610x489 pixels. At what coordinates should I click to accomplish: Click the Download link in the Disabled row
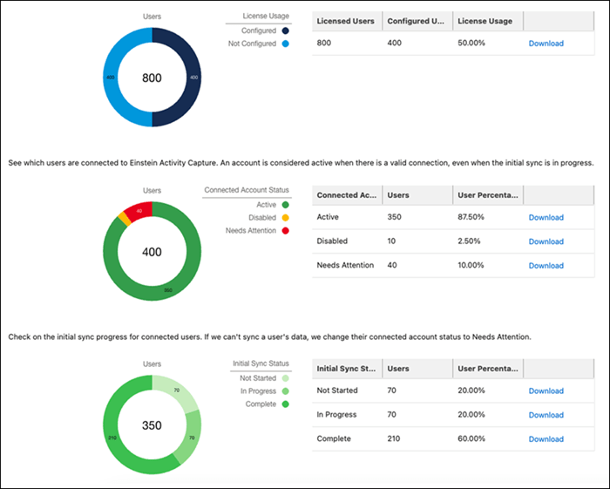click(546, 241)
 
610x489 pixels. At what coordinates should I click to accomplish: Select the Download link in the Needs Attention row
click(546, 266)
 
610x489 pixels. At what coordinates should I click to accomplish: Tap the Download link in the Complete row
click(546, 439)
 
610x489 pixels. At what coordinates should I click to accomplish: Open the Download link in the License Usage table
click(546, 44)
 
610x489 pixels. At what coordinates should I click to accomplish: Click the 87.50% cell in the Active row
click(476, 218)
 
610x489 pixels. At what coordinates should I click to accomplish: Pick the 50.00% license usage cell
click(475, 44)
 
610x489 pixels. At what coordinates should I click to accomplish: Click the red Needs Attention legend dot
click(285, 231)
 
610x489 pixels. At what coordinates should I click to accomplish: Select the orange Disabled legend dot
click(285, 218)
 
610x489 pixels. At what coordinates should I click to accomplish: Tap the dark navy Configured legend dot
click(285, 31)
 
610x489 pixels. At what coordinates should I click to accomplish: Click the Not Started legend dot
click(285, 378)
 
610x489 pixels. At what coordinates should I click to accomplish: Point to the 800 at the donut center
click(152, 78)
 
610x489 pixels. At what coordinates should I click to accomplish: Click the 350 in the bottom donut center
click(152, 426)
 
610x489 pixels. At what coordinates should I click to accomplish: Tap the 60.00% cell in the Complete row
click(476, 439)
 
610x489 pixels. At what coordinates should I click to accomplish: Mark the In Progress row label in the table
click(338, 415)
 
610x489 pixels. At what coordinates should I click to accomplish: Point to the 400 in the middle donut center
click(152, 252)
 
